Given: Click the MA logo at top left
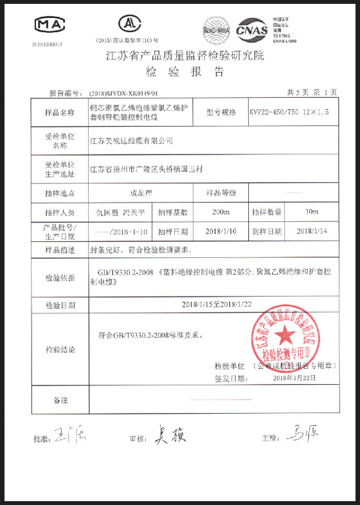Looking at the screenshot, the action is point(50,25).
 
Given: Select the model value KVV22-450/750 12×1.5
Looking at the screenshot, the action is point(289,112).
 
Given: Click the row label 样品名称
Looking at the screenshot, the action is point(60,112).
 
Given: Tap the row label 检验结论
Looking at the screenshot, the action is point(60,350).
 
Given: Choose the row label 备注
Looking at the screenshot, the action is point(60,400).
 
